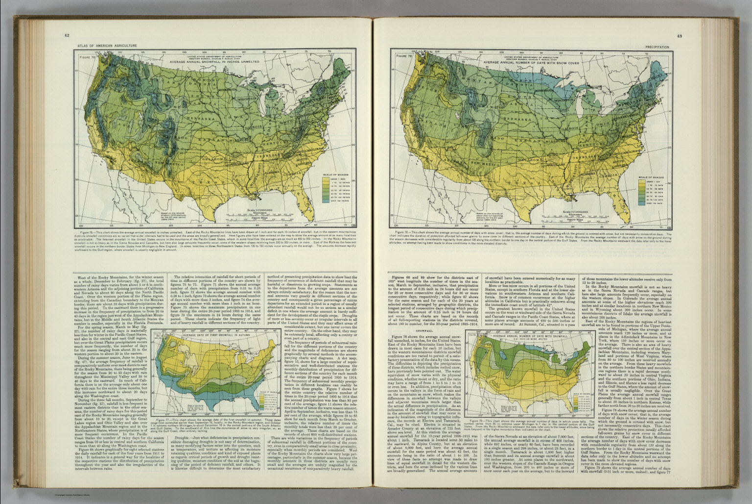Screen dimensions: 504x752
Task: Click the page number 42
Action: (67, 35)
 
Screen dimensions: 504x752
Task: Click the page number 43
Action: (679, 36)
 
